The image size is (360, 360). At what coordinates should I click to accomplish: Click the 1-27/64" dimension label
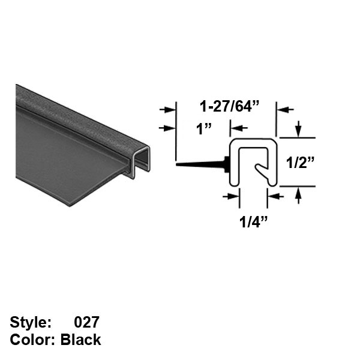[229, 107]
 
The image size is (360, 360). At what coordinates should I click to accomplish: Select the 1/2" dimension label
[301, 163]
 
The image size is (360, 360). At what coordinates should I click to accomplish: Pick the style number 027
[86, 322]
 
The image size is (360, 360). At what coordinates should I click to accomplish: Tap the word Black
[80, 340]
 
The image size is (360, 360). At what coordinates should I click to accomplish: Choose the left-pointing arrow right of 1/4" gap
[275, 196]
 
